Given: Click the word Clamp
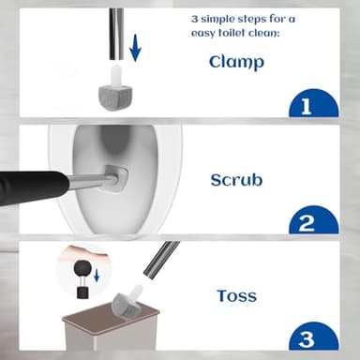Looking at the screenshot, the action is click(x=236, y=62).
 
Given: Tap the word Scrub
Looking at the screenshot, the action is click(x=236, y=180).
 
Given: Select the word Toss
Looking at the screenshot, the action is click(x=237, y=295).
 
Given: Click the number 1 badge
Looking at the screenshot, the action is click(x=314, y=103).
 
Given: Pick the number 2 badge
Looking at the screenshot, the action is click(x=314, y=219).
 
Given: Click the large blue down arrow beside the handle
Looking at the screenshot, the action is click(x=135, y=48).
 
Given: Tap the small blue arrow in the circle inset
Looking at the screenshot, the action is click(x=97, y=275).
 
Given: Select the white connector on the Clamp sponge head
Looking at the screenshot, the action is click(x=115, y=75).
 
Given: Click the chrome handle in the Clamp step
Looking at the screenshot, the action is click(x=116, y=34).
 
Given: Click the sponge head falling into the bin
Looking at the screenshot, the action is click(x=127, y=301).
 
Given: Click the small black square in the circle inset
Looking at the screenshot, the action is click(x=82, y=292).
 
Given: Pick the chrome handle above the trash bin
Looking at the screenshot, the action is click(x=161, y=260).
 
